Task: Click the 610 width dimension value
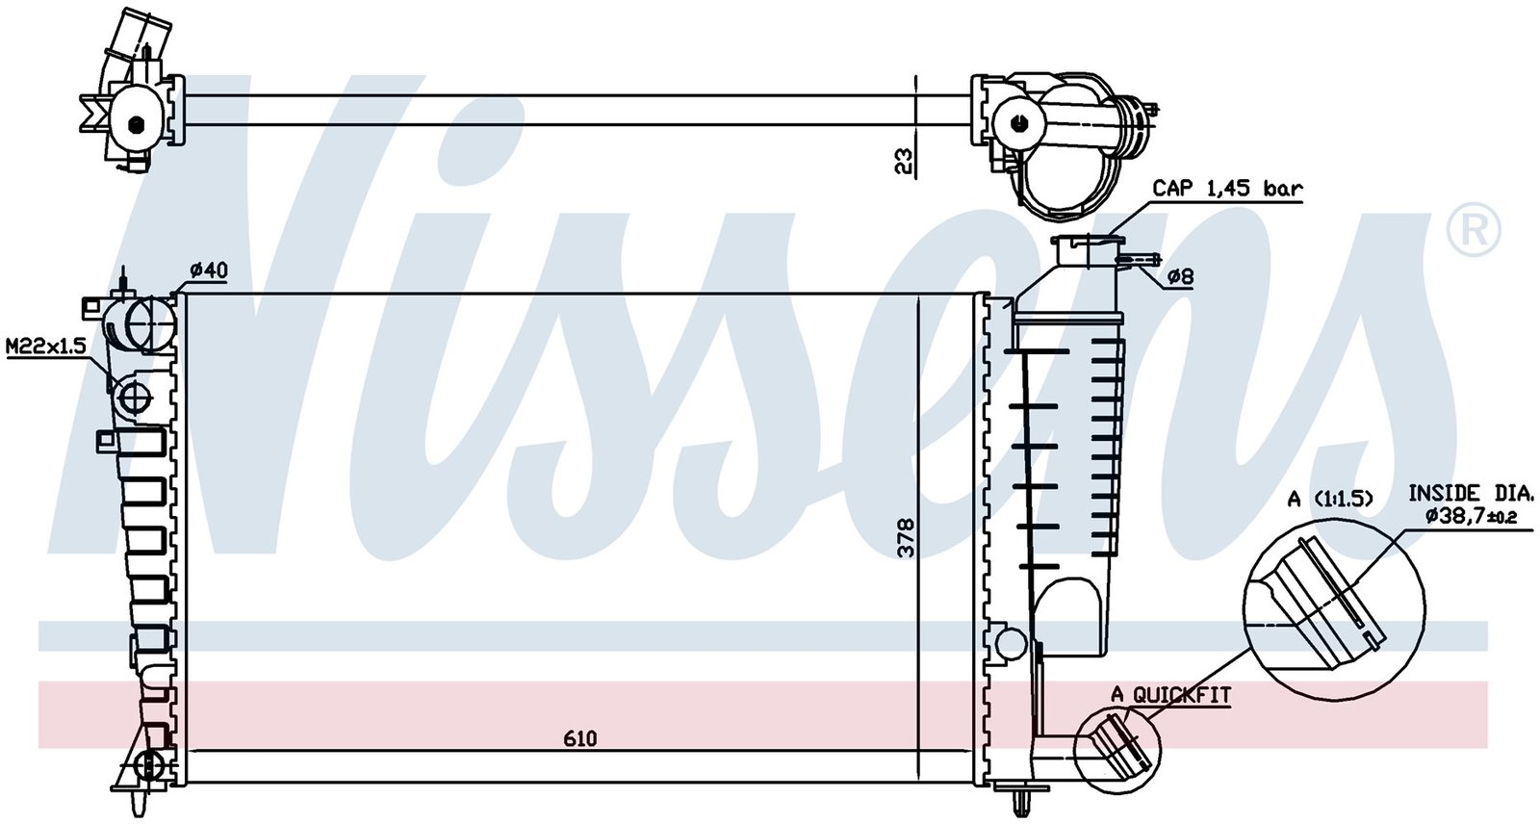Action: pyautogui.click(x=579, y=738)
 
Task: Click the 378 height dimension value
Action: pyautogui.click(x=907, y=537)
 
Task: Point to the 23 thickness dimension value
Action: pyautogui.click(x=906, y=161)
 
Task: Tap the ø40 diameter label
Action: pyautogui.click(x=209, y=271)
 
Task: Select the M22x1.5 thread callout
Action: pyautogui.click(x=46, y=346)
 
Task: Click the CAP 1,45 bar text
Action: pyautogui.click(x=1227, y=189)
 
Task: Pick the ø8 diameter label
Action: pyautogui.click(x=1181, y=276)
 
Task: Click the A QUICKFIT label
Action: pyautogui.click(x=1170, y=695)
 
